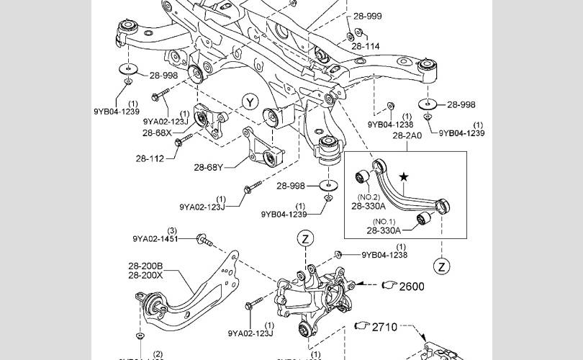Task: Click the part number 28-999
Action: click(367, 16)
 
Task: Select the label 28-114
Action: click(366, 47)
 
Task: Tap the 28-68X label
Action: click(157, 133)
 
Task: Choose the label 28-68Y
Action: click(208, 168)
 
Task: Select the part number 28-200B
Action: click(145, 265)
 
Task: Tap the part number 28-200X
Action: click(145, 274)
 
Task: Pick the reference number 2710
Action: click(384, 328)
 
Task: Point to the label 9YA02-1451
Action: click(154, 238)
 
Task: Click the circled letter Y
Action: click(249, 102)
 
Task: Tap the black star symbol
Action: click(404, 176)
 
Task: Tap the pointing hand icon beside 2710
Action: click(361, 327)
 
